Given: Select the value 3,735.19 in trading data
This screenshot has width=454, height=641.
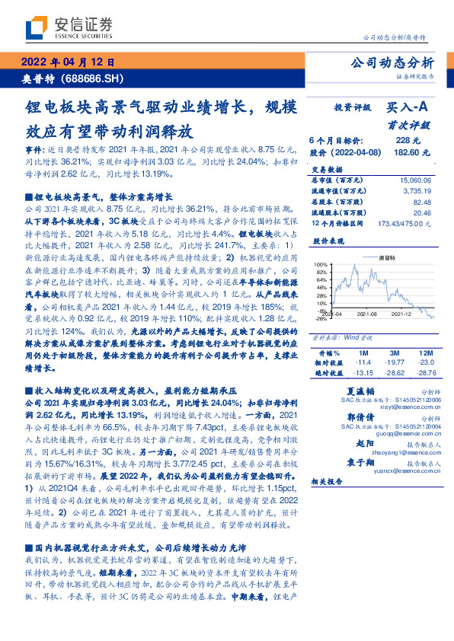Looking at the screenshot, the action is [x=415, y=191].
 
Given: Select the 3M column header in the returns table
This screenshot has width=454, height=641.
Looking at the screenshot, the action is [x=393, y=354].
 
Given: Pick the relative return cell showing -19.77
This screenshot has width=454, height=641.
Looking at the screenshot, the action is [x=393, y=364].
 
